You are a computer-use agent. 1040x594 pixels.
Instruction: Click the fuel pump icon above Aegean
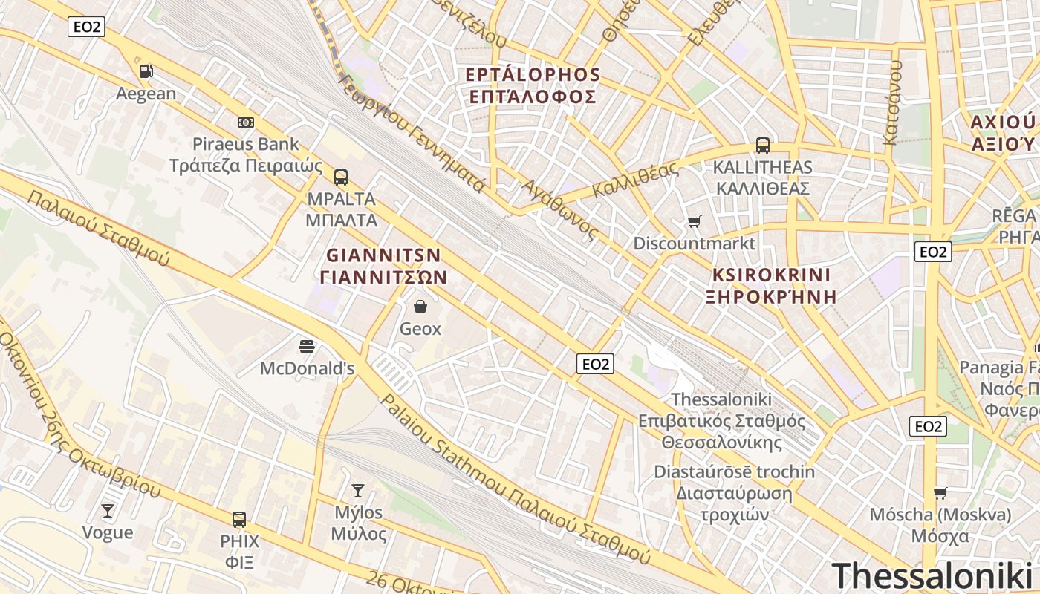(x=146, y=71)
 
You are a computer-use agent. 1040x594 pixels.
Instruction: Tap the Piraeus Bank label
(x=246, y=144)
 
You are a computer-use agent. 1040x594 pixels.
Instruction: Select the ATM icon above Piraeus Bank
(x=246, y=123)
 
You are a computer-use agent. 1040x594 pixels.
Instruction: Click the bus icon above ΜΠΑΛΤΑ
(x=341, y=177)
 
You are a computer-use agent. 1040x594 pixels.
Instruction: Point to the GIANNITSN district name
(x=384, y=256)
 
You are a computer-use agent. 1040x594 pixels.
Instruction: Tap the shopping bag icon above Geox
(x=420, y=307)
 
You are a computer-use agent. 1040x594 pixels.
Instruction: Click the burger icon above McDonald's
(x=307, y=347)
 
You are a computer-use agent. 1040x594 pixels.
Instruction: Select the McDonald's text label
(x=307, y=368)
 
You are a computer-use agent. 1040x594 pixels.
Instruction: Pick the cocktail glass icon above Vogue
(x=108, y=511)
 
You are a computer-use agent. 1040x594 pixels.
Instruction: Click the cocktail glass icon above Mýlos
(x=358, y=491)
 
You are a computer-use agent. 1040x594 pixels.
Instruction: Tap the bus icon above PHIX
(x=239, y=520)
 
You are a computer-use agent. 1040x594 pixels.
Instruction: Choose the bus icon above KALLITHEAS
(x=763, y=146)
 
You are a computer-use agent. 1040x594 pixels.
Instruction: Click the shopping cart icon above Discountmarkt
(x=695, y=221)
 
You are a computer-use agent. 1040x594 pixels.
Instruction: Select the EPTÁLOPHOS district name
(x=533, y=75)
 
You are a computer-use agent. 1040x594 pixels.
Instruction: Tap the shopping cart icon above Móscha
(x=940, y=493)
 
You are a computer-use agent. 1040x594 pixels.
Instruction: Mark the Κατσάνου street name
(x=893, y=102)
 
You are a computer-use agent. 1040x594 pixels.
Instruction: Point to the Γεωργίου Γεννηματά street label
(x=410, y=134)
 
